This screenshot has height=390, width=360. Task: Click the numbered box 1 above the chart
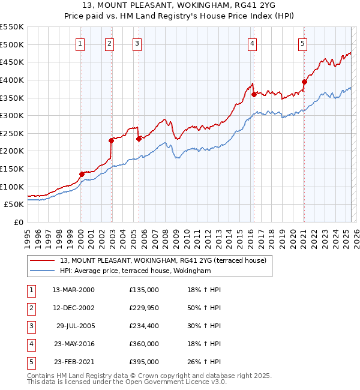point(80,43)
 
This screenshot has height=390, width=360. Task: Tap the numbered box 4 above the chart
point(253,43)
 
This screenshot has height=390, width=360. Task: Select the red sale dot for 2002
point(111,140)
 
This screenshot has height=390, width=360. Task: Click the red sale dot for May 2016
point(254,94)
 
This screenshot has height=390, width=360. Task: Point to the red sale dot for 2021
point(304,82)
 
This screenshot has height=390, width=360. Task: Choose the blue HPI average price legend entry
point(135,271)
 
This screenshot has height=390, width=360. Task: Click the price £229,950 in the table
point(144,308)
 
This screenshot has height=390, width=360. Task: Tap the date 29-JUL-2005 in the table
point(75,326)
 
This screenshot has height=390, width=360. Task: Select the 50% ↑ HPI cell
point(204,308)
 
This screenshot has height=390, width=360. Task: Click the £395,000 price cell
point(144,362)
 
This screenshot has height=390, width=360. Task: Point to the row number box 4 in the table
point(31,344)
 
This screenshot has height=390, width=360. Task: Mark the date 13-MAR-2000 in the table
point(74,290)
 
